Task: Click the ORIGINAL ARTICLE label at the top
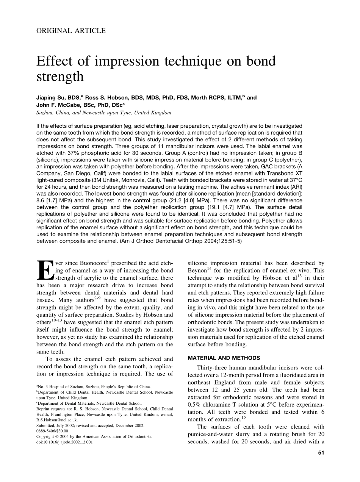[71, 31]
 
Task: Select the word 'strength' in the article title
[60, 77]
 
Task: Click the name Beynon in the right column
[197, 270]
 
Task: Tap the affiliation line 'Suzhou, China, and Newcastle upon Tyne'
[104, 113]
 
